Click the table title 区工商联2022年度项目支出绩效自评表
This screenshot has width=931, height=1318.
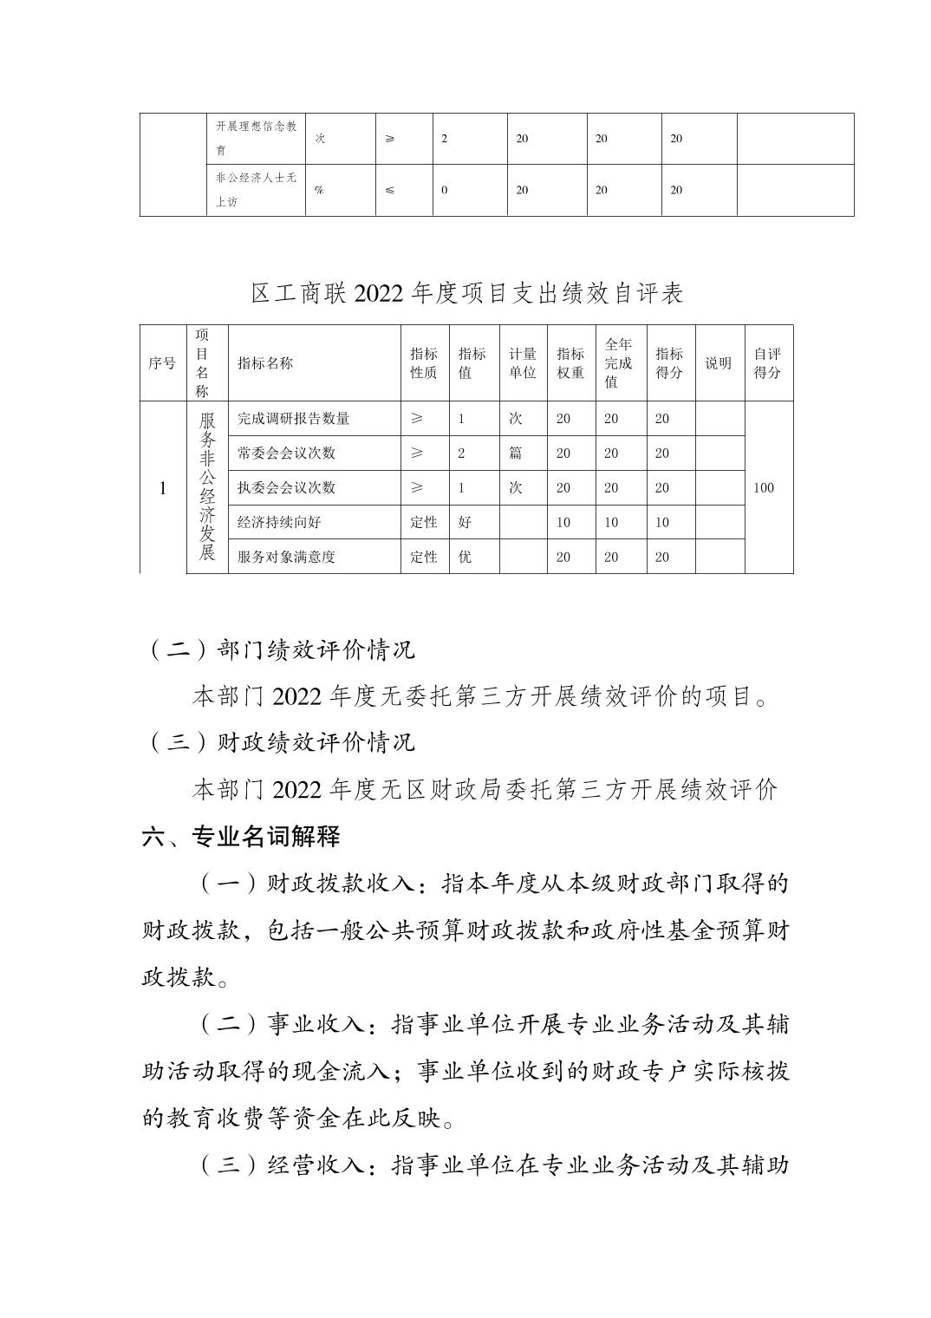[x=466, y=294]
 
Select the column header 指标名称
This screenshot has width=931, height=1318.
[x=265, y=363]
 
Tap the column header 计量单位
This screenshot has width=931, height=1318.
[x=522, y=363]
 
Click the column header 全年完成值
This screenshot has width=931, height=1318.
[x=618, y=363]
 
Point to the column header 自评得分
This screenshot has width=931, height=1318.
[x=766, y=363]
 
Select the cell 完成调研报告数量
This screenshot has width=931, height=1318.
[x=293, y=419]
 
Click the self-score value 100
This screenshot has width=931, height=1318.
[x=763, y=488]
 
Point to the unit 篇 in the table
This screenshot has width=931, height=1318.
[x=515, y=453]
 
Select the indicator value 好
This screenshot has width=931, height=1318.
[x=465, y=523]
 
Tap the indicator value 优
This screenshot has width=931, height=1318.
[x=465, y=558]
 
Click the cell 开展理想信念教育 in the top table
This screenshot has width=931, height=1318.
[x=256, y=139]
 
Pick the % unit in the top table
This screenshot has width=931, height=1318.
[x=319, y=191]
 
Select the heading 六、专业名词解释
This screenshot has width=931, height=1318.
[x=241, y=837]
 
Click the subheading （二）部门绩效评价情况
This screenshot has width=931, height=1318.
[x=281, y=649]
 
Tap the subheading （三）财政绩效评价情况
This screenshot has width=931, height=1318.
[x=281, y=742]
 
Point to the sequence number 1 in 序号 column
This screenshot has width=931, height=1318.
[x=162, y=488]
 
